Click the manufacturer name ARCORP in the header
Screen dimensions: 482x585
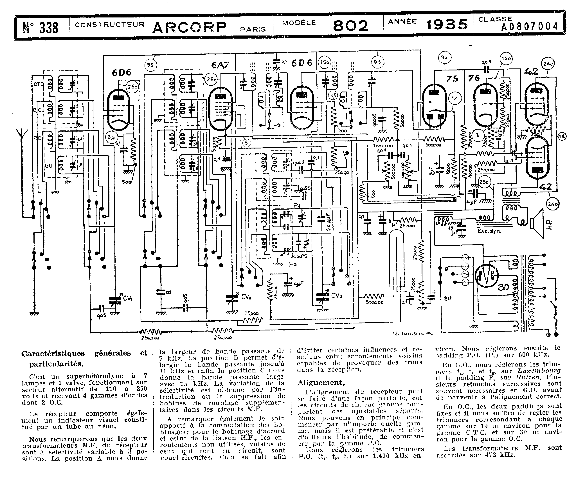pos(190,27)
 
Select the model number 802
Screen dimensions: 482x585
pos(350,26)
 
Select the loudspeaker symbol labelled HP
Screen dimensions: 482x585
pos(538,223)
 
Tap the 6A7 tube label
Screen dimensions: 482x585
pos(220,65)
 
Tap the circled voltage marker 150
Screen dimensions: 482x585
pos(506,59)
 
